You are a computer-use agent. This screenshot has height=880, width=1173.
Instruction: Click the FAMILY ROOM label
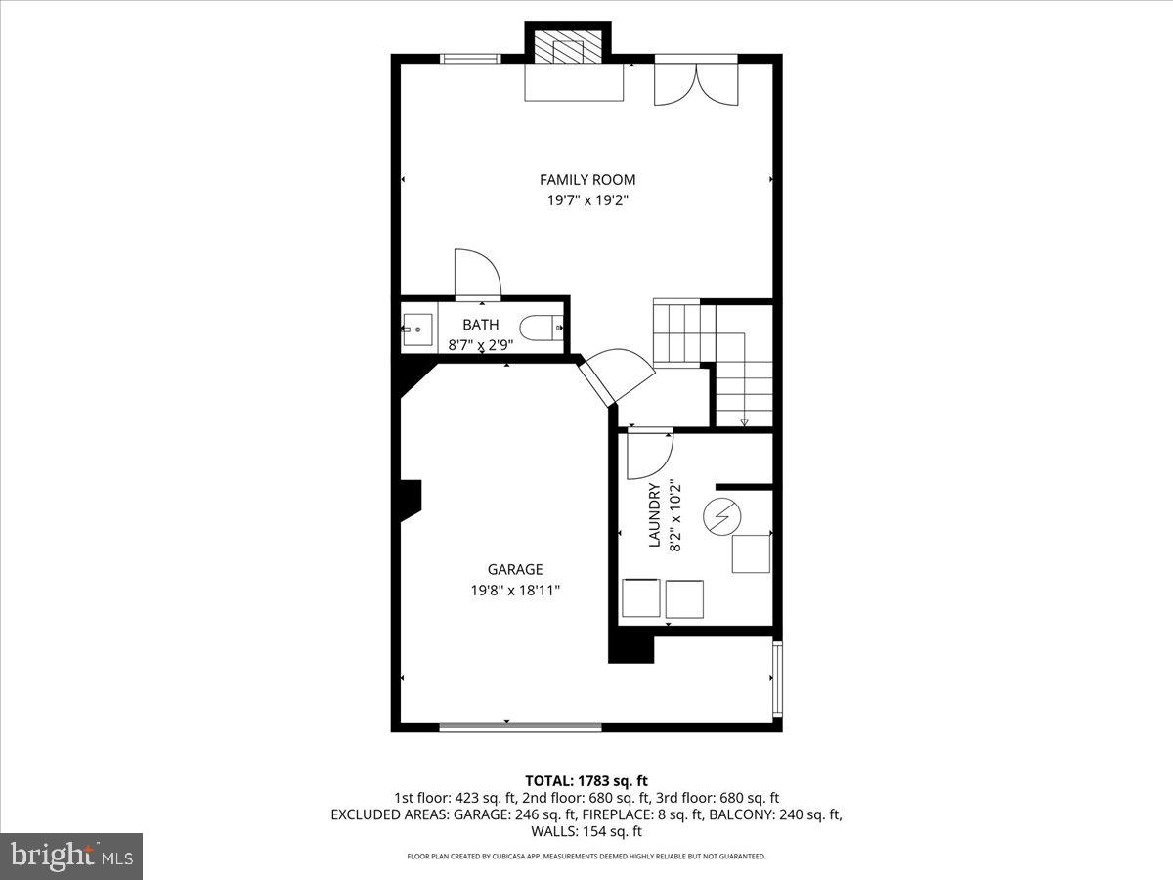(x=587, y=179)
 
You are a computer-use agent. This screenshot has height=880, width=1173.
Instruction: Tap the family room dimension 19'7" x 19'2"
(x=587, y=201)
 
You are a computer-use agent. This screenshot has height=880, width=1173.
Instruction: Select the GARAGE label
(x=515, y=569)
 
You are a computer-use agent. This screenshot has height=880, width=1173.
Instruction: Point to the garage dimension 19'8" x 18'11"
(x=515, y=591)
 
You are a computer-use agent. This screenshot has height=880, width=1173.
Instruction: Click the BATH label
(x=480, y=325)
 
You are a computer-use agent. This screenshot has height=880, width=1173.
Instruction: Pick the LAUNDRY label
(x=655, y=515)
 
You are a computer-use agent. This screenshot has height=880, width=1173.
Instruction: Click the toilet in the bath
(x=541, y=329)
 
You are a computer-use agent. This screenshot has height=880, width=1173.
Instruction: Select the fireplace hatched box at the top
(x=569, y=50)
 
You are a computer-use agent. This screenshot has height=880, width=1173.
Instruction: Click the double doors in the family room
(x=696, y=82)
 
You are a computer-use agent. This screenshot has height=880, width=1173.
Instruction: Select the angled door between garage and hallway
(x=616, y=376)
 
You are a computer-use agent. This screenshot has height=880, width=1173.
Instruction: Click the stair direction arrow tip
(x=744, y=423)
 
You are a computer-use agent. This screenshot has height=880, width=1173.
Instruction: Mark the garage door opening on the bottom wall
(x=520, y=726)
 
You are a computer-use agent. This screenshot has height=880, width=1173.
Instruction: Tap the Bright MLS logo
(x=71, y=856)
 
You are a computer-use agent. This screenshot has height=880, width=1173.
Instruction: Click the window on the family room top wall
(x=471, y=59)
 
